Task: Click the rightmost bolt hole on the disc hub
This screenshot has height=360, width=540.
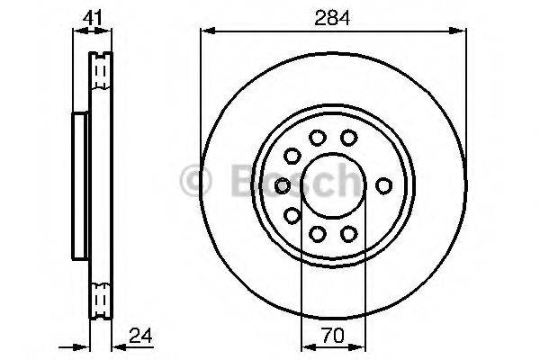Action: pos(385,185)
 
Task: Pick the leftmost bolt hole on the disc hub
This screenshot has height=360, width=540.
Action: pos(282,185)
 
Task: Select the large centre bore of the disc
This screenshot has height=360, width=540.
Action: pos(332,185)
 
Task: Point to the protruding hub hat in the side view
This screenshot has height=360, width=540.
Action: pos(78,184)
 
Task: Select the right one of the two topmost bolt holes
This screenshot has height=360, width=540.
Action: pos(348,138)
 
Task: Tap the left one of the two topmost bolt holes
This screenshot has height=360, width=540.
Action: pos(317,138)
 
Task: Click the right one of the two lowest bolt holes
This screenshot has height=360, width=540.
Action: pos(348,233)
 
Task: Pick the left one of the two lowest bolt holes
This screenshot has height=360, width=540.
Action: pos(317,233)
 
